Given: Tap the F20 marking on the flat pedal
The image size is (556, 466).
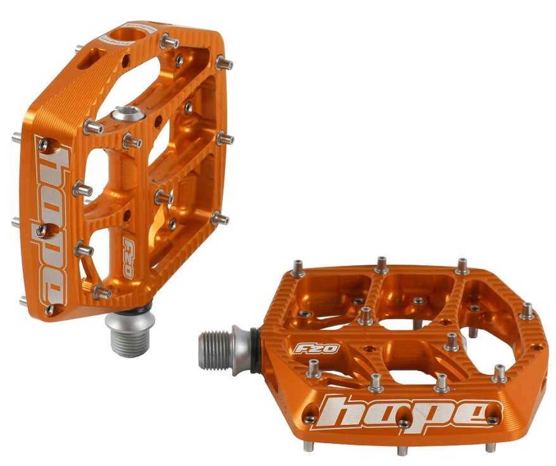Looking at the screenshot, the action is click(x=317, y=348).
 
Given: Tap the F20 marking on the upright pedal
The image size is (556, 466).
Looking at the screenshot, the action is click(x=128, y=256).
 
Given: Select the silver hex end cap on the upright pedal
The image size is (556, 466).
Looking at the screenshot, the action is click(x=129, y=114).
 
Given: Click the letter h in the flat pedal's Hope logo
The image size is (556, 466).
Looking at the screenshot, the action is click(x=343, y=412).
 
